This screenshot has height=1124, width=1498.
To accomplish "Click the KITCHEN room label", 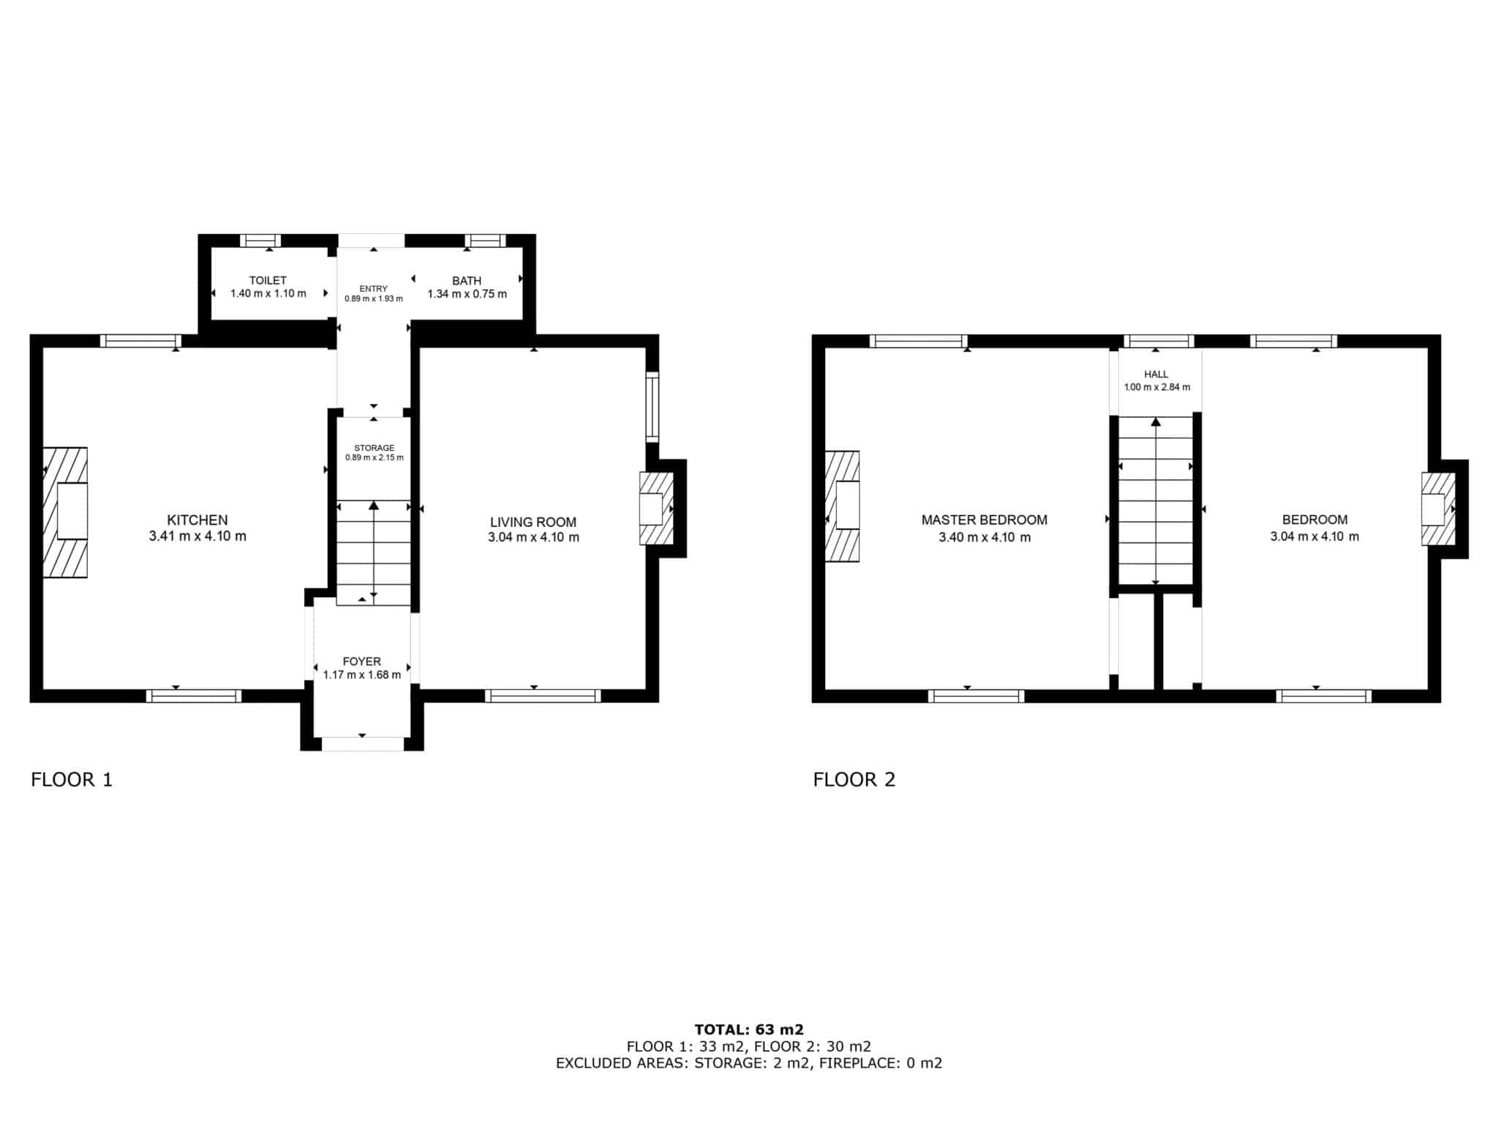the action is tap(197, 520).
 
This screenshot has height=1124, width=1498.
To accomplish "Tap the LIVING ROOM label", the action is tap(533, 522).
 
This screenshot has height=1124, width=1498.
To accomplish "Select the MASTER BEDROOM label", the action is tap(985, 520).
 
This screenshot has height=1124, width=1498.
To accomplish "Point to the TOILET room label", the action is tap(268, 280).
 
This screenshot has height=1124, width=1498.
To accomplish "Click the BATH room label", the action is tap(467, 281).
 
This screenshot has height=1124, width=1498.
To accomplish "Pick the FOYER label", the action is tap(362, 662).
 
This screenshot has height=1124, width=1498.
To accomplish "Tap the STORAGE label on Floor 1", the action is tap(374, 448).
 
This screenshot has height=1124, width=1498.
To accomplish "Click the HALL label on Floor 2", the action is tap(1156, 375).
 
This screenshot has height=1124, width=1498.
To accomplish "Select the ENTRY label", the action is tap(374, 289).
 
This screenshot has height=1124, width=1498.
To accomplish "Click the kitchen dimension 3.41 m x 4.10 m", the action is tap(197, 536).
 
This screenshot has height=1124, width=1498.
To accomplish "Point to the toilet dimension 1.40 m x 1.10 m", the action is tap(268, 293).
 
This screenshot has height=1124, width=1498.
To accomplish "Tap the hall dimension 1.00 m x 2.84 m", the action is tap(1157, 387).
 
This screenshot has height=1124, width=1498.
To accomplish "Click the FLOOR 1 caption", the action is tap(72, 780).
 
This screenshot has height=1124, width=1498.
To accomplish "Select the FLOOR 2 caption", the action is tap(854, 780).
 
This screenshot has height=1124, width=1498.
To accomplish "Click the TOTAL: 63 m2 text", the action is tap(749, 1030).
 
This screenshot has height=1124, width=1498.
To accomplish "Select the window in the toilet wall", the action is tap(261, 241).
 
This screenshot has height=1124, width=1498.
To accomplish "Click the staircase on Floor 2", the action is tap(1156, 501).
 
